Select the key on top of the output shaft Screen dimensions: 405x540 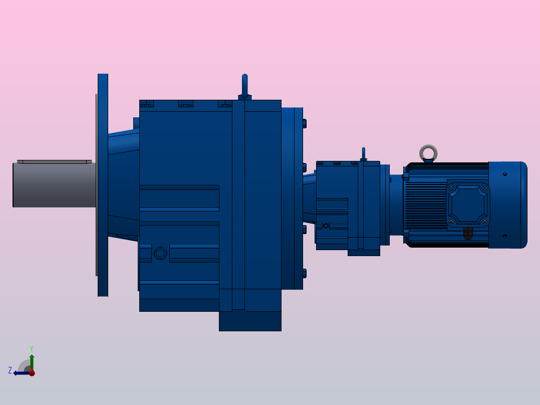coord(54,162)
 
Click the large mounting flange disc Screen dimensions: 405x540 coord(103,185)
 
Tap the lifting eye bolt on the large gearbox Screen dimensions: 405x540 coord(244,85)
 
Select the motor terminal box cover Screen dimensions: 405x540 coord(468,205)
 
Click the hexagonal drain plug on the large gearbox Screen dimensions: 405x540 coord(160,253)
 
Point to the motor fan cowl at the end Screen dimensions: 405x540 coord(507,205)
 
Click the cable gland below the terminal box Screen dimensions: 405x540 coord(467,234)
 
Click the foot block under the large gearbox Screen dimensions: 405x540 coord(250,321)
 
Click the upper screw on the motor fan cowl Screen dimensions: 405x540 coord(504,174)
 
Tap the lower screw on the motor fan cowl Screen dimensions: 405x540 coord(504,236)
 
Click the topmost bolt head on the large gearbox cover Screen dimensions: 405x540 coord(305,123)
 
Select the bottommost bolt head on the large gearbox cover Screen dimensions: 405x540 coord(305,273)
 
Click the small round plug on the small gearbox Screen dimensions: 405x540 coord(326,226)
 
